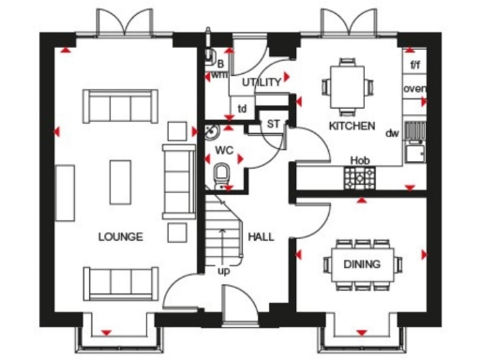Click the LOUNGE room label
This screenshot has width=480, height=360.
[x=120, y=237]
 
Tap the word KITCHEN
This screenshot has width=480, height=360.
[x=352, y=126]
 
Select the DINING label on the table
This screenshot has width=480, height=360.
[x=361, y=264]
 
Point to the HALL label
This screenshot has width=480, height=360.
[x=261, y=237]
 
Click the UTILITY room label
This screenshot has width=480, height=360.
[x=262, y=82]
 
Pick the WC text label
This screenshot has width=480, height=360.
[x=223, y=149]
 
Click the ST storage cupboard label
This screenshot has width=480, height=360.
[x=274, y=124]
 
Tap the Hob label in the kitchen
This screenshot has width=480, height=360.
[x=359, y=160]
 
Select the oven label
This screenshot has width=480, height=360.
[x=415, y=89]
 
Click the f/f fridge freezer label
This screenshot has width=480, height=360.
[x=416, y=65]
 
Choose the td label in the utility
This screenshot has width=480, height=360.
[x=242, y=108]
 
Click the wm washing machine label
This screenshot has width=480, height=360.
[x=218, y=74]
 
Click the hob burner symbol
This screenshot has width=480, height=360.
[x=359, y=178]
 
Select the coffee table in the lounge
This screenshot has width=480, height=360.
[x=120, y=181]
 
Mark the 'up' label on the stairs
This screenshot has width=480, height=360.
[x=223, y=271]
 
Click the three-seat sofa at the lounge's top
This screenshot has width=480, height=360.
[x=120, y=106]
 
